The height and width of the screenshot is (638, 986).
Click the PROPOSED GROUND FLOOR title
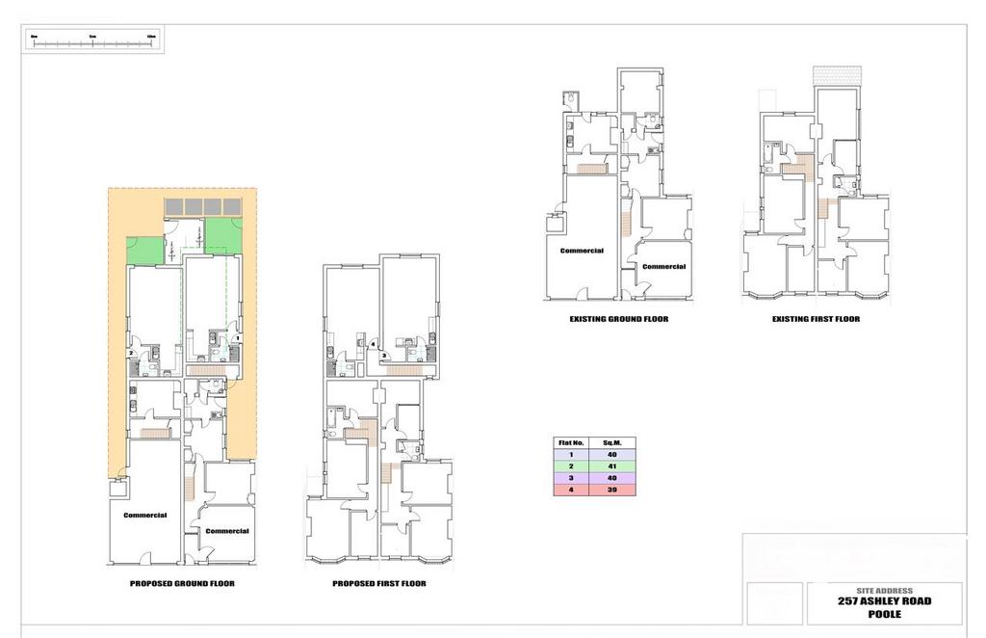[x=182, y=584]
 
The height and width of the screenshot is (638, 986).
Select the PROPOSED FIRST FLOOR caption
[x=378, y=584]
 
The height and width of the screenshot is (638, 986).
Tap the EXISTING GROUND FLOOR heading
[x=619, y=319]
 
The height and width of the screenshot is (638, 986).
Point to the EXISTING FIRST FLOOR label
[x=816, y=319]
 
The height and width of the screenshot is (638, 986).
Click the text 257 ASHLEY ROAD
[x=883, y=601]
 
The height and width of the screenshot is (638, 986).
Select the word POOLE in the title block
[x=883, y=614]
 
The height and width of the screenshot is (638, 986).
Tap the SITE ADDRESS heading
[x=883, y=590]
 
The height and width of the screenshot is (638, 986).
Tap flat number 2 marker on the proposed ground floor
[x=130, y=353]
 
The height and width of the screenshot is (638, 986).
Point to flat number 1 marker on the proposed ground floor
[x=237, y=337]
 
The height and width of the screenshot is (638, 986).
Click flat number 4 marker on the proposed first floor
[x=372, y=343]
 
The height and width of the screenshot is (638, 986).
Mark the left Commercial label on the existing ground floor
[x=581, y=251]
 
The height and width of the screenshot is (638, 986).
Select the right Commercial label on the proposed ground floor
[x=227, y=531]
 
